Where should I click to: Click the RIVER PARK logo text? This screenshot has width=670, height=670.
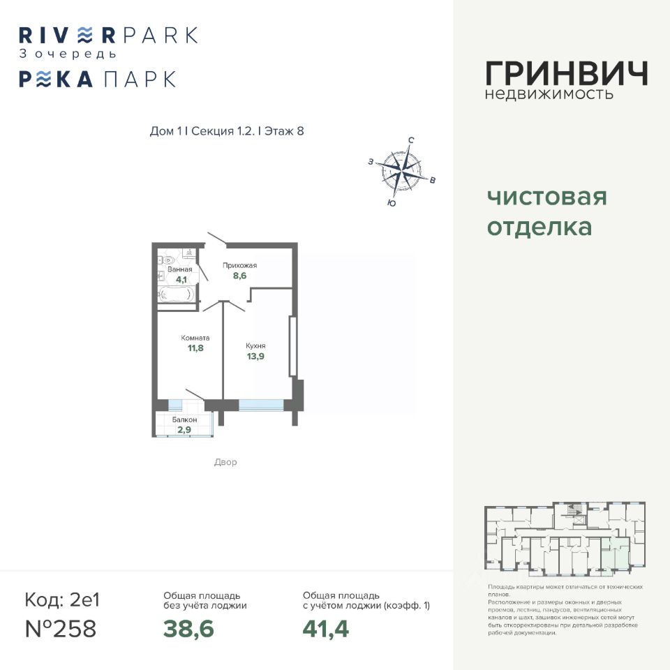coord(108,35)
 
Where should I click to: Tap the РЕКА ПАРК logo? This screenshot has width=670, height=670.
coord(97,79)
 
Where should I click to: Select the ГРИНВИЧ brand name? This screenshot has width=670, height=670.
coord(566,74)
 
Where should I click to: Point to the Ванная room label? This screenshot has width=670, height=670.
coord(179,269)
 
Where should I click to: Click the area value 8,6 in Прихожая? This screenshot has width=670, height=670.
coord(239,276)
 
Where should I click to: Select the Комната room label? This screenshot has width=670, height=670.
coord(195,338)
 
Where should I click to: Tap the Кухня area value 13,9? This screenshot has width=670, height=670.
coord(255,356)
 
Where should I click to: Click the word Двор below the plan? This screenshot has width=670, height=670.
coord(225,462)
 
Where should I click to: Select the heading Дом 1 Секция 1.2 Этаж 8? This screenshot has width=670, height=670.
coord(227,131)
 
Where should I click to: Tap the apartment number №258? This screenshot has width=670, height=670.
coord(60,628)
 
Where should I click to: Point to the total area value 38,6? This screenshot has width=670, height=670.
coord(188,629)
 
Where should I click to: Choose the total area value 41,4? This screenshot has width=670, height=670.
coord(325,629)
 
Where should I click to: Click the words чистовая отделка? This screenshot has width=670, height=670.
coord(546,212)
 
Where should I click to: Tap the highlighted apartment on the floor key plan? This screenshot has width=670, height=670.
coord(614,556)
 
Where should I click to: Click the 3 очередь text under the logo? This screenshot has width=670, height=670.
coord(68,54)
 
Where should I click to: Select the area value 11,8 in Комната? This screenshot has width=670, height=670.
coord(195,348)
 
